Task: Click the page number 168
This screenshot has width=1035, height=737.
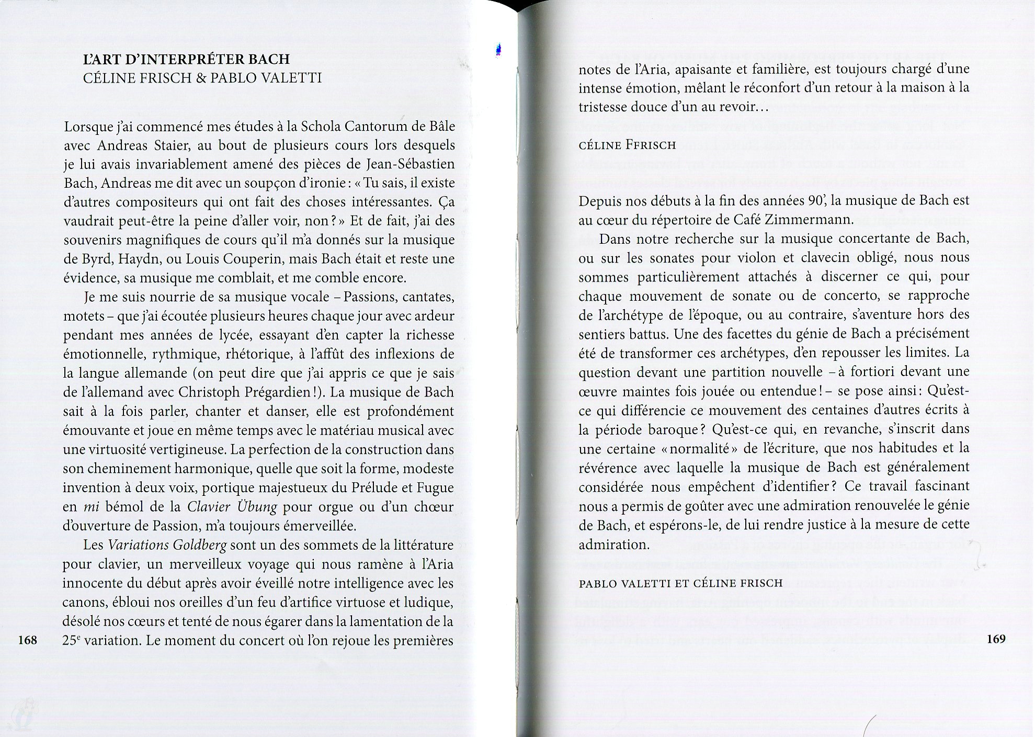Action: click(x=27, y=639)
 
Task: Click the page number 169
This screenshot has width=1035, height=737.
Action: click(x=995, y=639)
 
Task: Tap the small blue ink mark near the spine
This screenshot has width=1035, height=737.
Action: click(x=499, y=49)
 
